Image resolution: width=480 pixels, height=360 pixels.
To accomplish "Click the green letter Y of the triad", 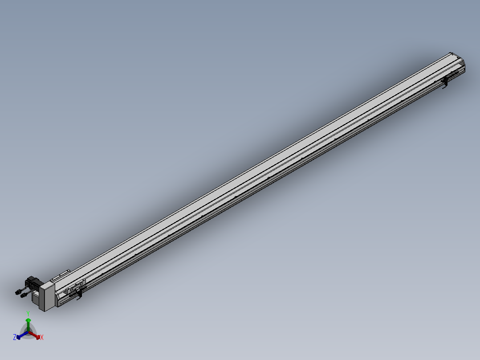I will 28,313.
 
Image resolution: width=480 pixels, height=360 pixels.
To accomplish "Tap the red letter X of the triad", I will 42,338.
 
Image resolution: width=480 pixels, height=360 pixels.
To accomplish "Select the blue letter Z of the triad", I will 15,338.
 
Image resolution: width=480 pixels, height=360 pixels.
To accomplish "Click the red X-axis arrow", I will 36,335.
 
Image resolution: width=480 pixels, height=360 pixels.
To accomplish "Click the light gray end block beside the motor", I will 46,296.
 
